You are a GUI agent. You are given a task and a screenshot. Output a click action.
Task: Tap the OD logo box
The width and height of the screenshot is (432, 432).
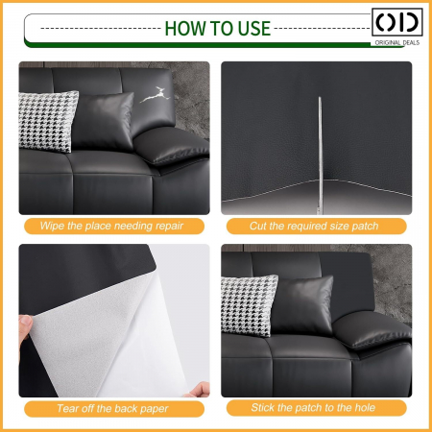(397, 22)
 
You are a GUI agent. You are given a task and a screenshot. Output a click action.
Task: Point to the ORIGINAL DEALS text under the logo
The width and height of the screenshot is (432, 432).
(397, 42)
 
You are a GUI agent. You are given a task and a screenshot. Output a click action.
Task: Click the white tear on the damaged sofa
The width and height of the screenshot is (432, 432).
(155, 95)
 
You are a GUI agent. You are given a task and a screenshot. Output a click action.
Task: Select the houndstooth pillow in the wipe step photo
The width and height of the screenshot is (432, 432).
(48, 121)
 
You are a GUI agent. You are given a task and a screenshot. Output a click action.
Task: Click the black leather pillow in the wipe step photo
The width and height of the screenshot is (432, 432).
(103, 121)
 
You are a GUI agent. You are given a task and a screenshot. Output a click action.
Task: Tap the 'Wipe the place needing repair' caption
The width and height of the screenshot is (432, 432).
(111, 226)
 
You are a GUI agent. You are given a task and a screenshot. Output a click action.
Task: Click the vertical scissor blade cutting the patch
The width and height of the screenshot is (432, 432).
(320, 155)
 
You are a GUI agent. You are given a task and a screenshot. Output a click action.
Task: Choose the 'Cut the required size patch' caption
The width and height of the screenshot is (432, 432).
(314, 226)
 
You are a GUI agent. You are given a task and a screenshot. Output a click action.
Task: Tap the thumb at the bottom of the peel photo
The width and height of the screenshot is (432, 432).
(200, 390)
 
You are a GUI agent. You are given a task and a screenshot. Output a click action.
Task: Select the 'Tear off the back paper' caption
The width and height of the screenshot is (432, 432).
(112, 409)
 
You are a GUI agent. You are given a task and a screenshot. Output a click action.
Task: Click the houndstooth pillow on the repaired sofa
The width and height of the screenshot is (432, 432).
(249, 305)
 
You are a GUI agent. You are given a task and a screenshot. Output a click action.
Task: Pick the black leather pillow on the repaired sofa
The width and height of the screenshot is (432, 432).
(302, 305)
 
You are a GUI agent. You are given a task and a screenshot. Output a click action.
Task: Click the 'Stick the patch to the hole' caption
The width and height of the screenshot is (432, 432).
(313, 408)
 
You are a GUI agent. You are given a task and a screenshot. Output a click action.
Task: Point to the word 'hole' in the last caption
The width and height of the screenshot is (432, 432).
(365, 408)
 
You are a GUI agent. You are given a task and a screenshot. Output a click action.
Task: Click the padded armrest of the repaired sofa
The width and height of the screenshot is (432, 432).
(372, 330)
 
